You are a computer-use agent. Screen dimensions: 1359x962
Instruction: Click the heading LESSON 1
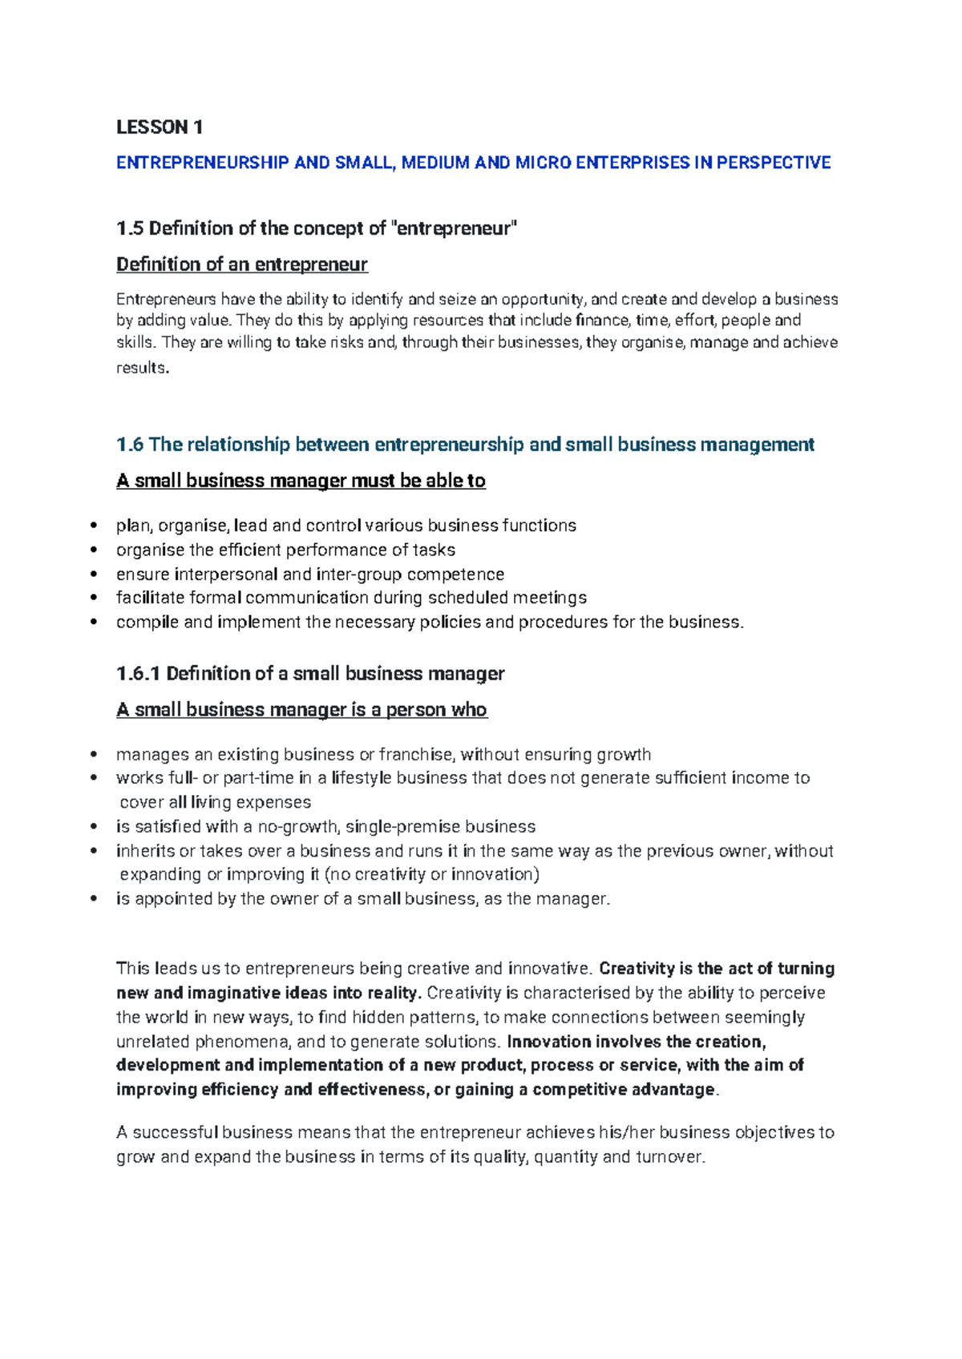coord(160,127)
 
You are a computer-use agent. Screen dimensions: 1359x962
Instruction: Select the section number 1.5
coord(130,229)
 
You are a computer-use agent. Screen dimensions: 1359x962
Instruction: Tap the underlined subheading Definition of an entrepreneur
coord(241,264)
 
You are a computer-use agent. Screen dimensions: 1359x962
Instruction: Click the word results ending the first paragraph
coord(142,369)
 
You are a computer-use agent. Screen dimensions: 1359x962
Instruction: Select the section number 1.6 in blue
coord(130,445)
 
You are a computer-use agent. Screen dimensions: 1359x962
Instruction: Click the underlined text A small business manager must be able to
coord(301,481)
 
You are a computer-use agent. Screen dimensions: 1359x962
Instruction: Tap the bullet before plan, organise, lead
coord(95,526)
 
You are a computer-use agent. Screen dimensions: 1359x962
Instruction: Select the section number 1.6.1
coord(139,674)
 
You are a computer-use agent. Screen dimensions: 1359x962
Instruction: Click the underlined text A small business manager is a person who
coord(301,710)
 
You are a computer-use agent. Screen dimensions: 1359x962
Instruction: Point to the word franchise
coord(414,755)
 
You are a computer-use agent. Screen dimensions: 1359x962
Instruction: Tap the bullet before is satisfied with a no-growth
coord(95,827)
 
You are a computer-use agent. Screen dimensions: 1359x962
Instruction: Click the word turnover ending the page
coord(669,1157)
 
